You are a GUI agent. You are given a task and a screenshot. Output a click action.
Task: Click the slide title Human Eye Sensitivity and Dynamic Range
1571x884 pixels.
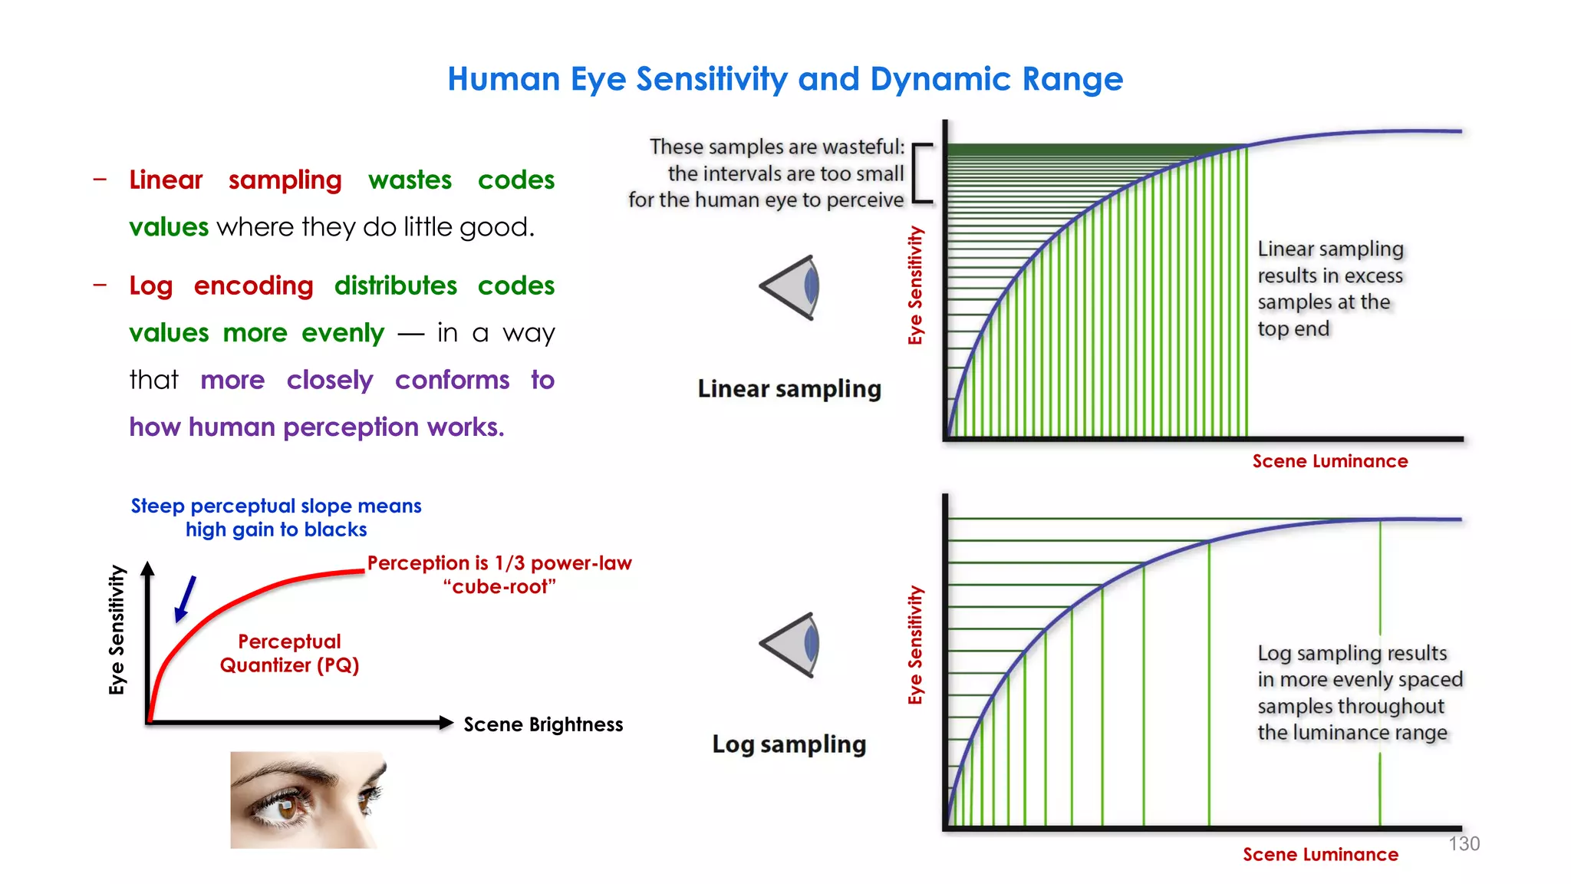pyautogui.click(x=785, y=79)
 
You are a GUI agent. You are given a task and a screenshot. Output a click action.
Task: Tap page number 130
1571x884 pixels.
pyautogui.click(x=1464, y=843)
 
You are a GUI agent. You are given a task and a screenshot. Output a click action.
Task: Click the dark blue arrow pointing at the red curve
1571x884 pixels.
pyautogui.click(x=186, y=599)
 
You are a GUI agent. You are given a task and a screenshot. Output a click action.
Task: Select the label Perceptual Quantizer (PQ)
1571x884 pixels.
pyautogui.click(x=289, y=653)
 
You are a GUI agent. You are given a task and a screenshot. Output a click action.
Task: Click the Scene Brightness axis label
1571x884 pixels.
pyautogui.click(x=543, y=724)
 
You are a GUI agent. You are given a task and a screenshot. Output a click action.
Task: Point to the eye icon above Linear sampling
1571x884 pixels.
pyautogui.click(x=792, y=287)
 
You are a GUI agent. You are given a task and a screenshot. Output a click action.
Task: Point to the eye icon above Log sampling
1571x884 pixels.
pyautogui.click(x=792, y=645)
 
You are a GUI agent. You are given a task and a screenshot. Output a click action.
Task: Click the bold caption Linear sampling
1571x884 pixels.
pyautogui.click(x=789, y=388)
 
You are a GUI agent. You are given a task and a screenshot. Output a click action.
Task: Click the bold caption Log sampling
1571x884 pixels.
pyautogui.click(x=789, y=744)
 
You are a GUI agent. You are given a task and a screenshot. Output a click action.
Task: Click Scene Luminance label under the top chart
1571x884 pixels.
pyautogui.click(x=1329, y=461)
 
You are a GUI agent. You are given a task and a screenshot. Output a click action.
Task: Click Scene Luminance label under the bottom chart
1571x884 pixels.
pyautogui.click(x=1320, y=854)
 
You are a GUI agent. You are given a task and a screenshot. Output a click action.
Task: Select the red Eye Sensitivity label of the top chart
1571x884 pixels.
pyautogui.click(x=915, y=285)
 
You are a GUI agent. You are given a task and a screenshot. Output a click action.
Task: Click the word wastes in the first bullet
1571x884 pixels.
pyautogui.click(x=410, y=180)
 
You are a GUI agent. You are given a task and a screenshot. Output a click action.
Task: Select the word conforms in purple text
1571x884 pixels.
pyautogui.click(x=452, y=380)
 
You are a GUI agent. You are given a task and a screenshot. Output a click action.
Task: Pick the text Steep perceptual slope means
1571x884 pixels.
pyautogui.click(x=276, y=506)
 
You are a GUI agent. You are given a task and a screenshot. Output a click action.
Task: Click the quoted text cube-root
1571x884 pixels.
pyautogui.click(x=499, y=587)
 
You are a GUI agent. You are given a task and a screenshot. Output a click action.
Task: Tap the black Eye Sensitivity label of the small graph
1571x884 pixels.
pyautogui.click(x=117, y=629)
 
